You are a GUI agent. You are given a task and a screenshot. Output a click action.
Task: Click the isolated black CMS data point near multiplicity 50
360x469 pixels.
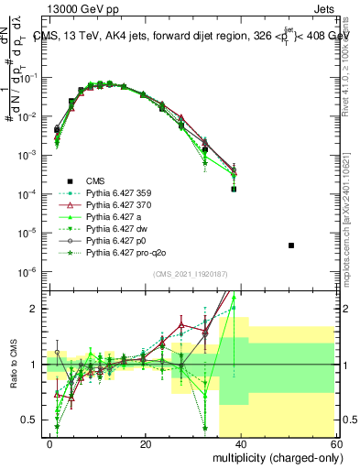tap(290, 245)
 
